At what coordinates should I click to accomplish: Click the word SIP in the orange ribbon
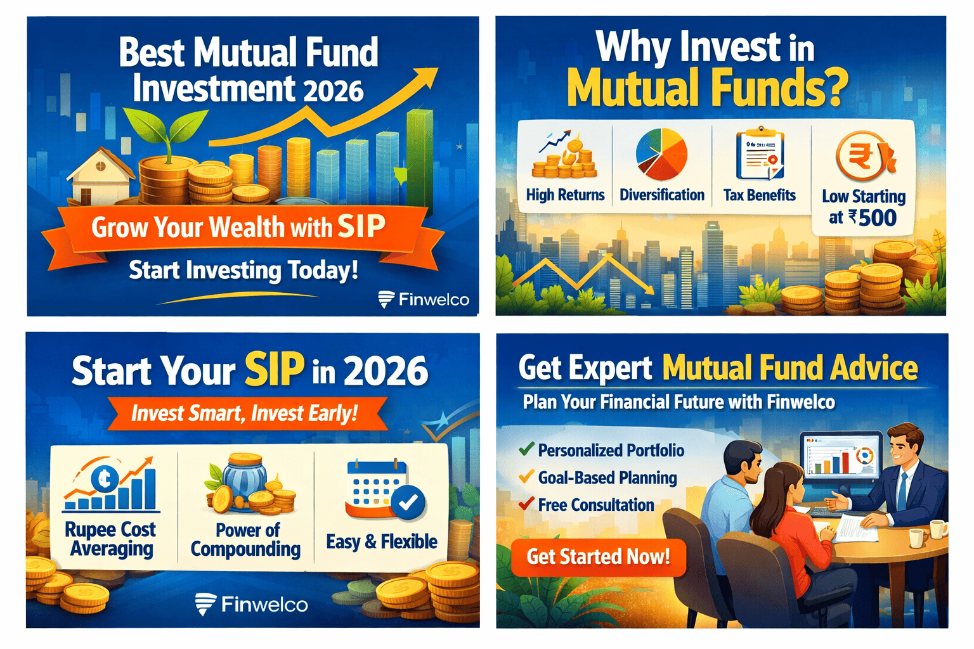361,226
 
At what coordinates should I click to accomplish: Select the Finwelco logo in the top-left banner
424,299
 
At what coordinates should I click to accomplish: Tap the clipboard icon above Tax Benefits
760,154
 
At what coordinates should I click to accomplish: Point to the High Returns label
565,195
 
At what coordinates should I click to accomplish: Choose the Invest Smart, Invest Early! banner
246,413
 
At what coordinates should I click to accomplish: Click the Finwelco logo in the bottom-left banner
252,605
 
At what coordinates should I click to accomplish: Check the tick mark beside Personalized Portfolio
526,449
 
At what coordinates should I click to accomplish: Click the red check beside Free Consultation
526,504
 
